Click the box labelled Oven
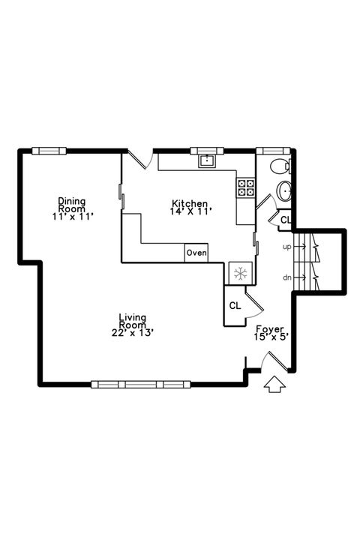tap(196, 253)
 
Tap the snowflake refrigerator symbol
tap(241, 274)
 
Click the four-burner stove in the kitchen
tap(246, 187)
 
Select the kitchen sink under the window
tap(207, 160)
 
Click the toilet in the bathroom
tap(280, 167)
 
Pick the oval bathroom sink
tap(284, 190)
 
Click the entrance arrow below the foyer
tap(274, 384)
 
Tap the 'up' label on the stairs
tap(286, 247)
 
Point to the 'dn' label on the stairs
tap(286, 277)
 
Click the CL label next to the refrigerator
tap(235, 306)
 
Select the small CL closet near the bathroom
tap(285, 220)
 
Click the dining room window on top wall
tap(49, 151)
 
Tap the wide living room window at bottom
tap(141, 384)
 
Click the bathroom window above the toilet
tap(273, 151)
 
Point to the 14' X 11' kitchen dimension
tap(190, 211)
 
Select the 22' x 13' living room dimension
tap(133, 333)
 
